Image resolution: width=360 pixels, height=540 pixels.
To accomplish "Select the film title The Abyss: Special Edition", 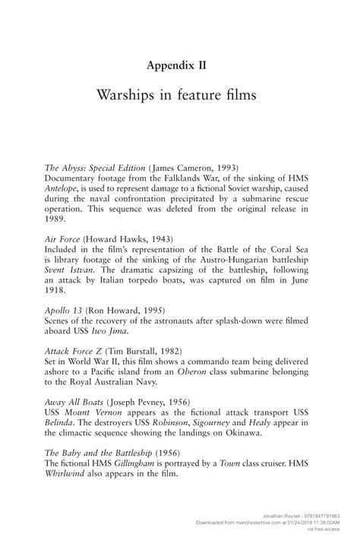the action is click(x=95, y=167).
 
